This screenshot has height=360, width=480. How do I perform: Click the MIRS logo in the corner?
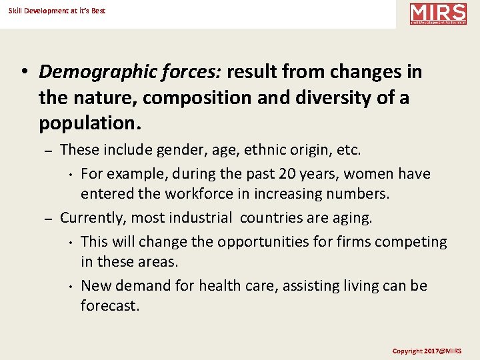pos(438,13)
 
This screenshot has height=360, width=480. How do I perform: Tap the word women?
pos(368,174)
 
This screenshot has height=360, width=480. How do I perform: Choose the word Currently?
pos(92,218)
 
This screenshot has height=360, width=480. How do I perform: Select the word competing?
pos(413,241)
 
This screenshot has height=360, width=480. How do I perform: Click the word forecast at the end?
pos(109,307)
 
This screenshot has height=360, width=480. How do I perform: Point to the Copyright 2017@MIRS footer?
pos(426,351)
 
